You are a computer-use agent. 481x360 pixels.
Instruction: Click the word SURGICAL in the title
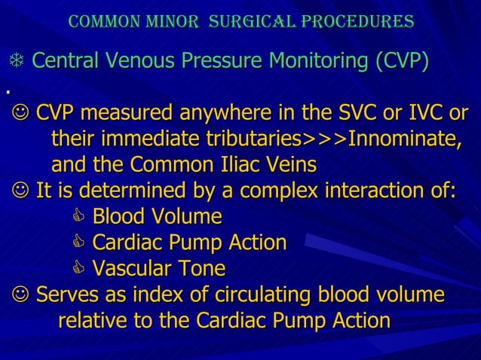point(240,21)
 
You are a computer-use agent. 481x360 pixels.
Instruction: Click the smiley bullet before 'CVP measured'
point(20,114)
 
